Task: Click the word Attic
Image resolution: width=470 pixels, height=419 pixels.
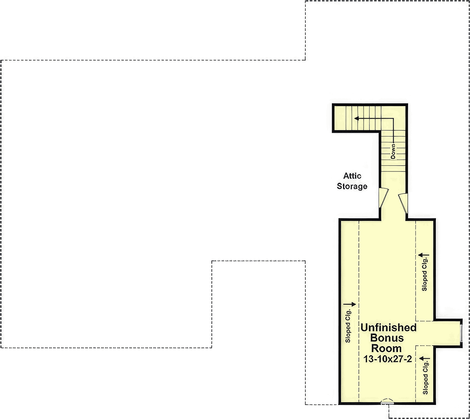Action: point(352,175)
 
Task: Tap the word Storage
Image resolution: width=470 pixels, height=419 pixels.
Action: point(352,186)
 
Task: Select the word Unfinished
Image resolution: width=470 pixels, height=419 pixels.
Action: point(389,327)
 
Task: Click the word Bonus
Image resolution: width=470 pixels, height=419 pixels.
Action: point(387,338)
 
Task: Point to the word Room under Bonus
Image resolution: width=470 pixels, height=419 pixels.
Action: point(387,348)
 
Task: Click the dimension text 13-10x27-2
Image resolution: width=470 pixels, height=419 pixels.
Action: point(387,359)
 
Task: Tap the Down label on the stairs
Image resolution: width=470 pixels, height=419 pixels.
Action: point(393,151)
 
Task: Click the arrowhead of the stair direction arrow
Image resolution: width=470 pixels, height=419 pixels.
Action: point(356,119)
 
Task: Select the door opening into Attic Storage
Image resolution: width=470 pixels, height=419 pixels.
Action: point(383,197)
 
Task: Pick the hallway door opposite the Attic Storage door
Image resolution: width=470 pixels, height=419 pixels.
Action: point(403,203)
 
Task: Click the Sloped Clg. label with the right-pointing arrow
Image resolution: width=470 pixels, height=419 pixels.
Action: point(348,326)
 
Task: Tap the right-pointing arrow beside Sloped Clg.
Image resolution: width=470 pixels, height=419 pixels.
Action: point(350,304)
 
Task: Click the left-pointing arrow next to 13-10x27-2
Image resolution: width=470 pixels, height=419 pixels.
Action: point(424,359)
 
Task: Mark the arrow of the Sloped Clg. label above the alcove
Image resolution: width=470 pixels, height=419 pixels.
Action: point(424,255)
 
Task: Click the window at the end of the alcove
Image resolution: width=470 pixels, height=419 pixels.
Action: point(461,333)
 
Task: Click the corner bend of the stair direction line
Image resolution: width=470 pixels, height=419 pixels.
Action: point(394,119)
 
